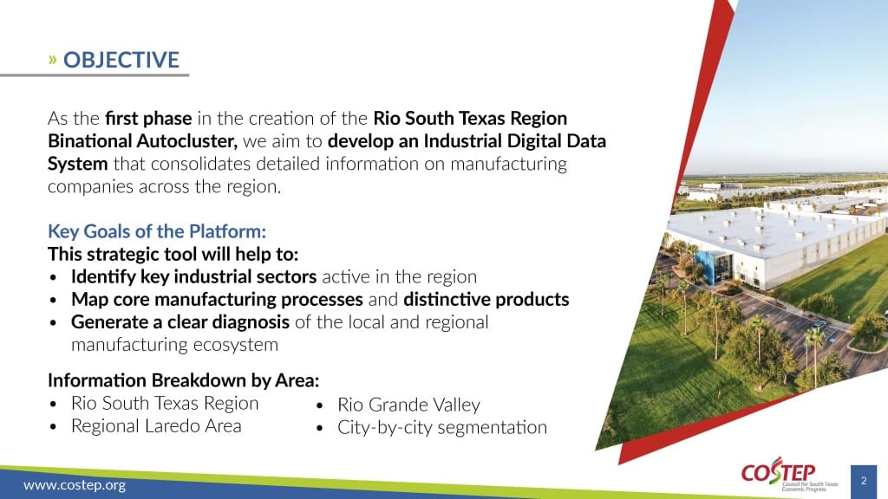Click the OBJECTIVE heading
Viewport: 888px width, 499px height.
point(121,60)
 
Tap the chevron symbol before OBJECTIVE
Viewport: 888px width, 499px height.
point(53,60)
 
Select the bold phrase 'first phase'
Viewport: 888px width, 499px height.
point(148,118)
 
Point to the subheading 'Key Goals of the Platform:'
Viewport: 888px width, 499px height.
point(157,231)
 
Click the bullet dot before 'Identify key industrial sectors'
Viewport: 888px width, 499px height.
point(53,278)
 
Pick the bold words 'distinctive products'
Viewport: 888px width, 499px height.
point(486,299)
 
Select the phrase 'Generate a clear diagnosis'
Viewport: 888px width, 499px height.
point(180,322)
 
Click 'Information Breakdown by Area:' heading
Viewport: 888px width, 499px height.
point(184,380)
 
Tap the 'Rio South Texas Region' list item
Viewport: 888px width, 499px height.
point(165,404)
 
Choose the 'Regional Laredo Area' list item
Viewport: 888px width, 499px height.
point(156,426)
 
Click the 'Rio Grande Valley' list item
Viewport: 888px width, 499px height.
point(409,405)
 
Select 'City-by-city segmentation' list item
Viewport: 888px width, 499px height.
point(442,428)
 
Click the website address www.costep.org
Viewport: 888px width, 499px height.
point(75,485)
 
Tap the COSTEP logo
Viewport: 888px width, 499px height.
point(789,475)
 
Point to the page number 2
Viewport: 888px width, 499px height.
point(864,481)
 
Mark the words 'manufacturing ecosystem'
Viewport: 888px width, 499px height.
point(174,345)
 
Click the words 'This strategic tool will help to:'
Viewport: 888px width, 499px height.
point(173,254)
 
